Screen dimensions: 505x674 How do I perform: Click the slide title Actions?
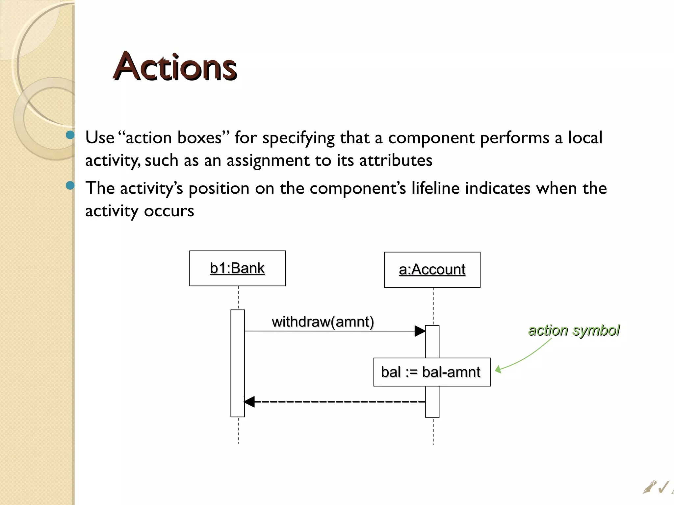coord(175,67)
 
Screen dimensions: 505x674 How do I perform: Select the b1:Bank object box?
coord(237,268)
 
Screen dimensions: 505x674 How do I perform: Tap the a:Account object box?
coord(432,270)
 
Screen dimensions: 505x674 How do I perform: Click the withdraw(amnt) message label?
coord(323,322)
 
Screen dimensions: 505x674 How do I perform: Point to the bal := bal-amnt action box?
coord(432,372)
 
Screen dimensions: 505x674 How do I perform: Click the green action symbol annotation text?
coord(574,330)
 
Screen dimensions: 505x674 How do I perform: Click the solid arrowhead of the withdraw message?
coord(420,331)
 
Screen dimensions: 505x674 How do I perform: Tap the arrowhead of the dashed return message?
coord(249,401)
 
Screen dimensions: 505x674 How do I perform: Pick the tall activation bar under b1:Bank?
coord(238,363)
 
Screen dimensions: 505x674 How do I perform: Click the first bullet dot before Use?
coord(70,135)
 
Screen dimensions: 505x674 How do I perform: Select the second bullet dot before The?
coord(70,186)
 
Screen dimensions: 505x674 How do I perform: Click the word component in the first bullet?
coord(431,138)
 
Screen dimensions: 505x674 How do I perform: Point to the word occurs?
coord(169,211)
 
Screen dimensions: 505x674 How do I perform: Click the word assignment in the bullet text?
coord(268,160)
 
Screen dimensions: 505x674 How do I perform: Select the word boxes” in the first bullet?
coord(203,138)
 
